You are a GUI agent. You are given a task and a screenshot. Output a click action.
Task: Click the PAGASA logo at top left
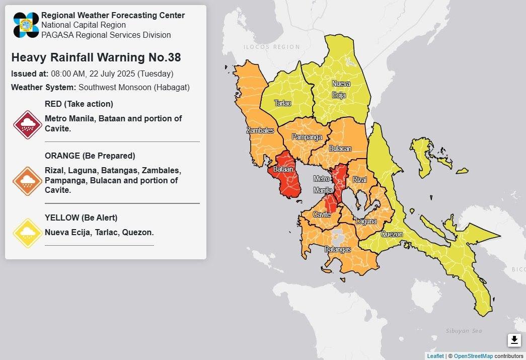coord(26,25)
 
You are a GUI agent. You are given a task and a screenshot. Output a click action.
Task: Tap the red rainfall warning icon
coord(27,124)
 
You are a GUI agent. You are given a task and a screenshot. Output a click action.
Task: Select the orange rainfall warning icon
coord(27,181)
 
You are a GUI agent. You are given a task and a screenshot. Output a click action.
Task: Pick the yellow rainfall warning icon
coord(27,233)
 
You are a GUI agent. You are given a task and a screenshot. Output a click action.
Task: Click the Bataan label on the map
coord(283,170)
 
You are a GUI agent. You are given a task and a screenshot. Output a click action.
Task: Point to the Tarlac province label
coord(282,103)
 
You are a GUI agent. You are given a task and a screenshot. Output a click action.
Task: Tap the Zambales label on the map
coord(260,130)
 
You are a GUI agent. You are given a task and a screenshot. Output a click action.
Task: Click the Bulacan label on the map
coord(340,149)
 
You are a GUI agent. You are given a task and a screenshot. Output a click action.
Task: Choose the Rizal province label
coord(360,180)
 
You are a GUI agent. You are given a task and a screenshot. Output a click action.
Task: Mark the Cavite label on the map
coord(322,215)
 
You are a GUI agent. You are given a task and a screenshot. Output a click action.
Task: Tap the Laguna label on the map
coord(366,221)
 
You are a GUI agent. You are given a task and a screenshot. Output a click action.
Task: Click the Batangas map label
coord(338,249)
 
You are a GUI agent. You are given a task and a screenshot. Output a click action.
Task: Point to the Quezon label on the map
coord(392,234)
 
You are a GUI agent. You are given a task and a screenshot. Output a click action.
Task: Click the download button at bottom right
coord(514,340)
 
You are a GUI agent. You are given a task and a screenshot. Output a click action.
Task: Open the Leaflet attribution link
coord(435,356)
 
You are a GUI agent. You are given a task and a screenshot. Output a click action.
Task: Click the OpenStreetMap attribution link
coord(473,356)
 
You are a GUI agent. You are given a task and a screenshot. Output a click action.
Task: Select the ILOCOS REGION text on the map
coord(271,47)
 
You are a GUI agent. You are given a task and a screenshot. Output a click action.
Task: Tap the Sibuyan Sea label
coord(464,331)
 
